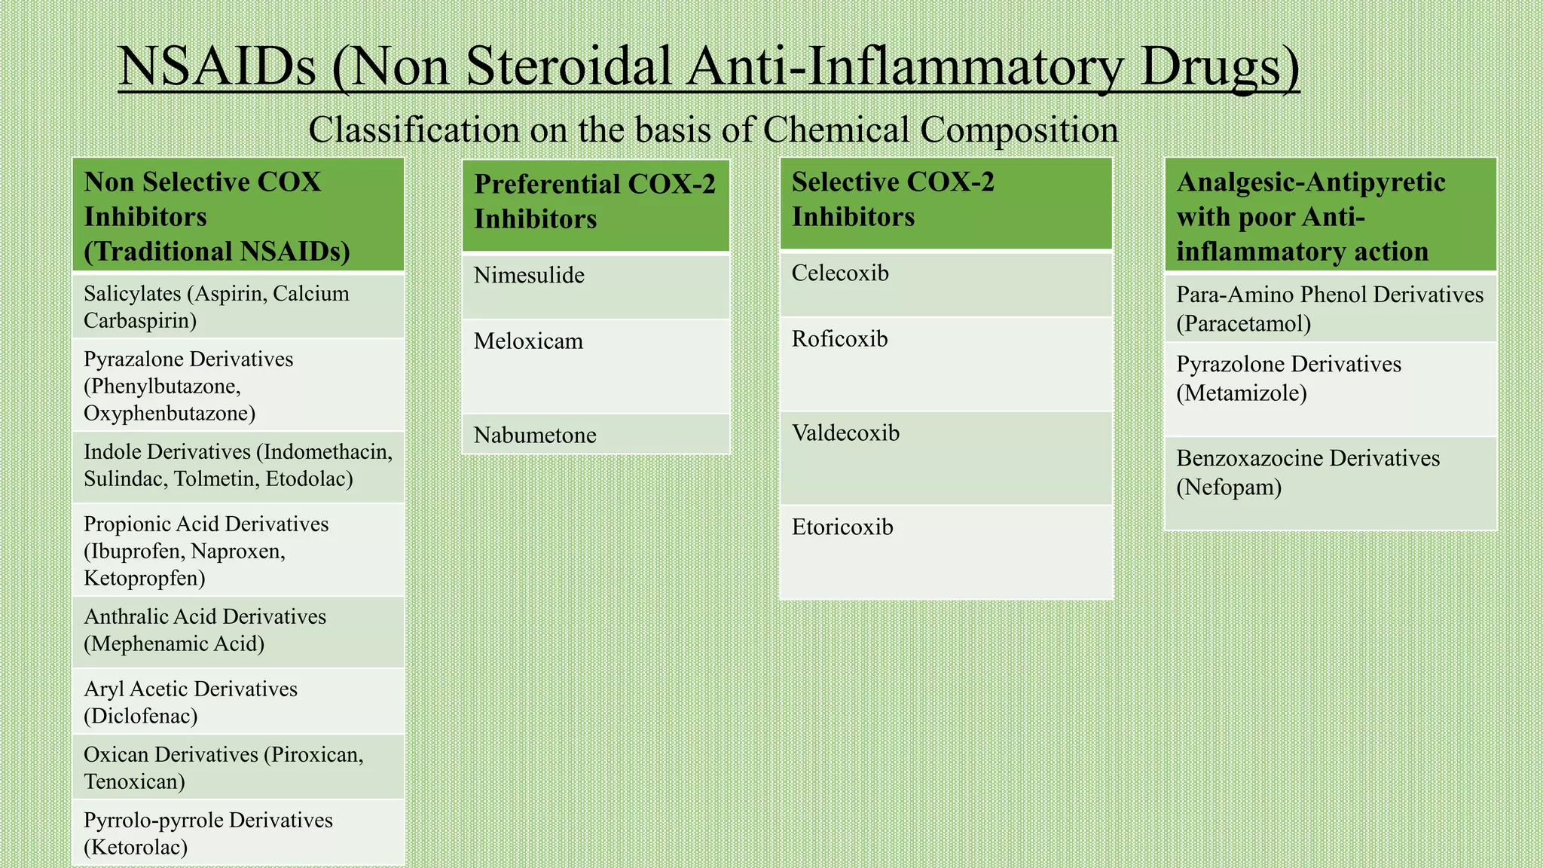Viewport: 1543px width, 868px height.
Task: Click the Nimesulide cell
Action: coord(529,276)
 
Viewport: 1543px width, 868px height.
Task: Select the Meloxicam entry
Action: coord(528,341)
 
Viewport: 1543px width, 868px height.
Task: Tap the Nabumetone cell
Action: coord(535,436)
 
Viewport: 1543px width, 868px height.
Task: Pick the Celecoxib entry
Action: coord(840,274)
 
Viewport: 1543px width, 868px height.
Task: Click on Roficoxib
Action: coord(839,339)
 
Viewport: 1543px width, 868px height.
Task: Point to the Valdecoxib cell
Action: coord(845,433)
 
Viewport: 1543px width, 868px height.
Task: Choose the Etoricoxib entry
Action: coord(842,527)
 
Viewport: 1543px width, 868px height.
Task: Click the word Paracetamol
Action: coord(1244,324)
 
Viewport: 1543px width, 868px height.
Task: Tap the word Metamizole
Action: coord(1242,393)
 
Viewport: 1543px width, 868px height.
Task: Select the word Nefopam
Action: coord(1229,487)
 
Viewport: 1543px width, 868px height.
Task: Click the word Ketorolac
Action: coord(136,848)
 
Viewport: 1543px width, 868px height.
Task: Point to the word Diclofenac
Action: coord(140,716)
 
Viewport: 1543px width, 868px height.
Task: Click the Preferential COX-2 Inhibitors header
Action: coord(594,202)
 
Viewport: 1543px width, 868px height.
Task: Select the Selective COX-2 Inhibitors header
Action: coord(893,200)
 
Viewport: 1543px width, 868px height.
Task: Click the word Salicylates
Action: coord(133,294)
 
